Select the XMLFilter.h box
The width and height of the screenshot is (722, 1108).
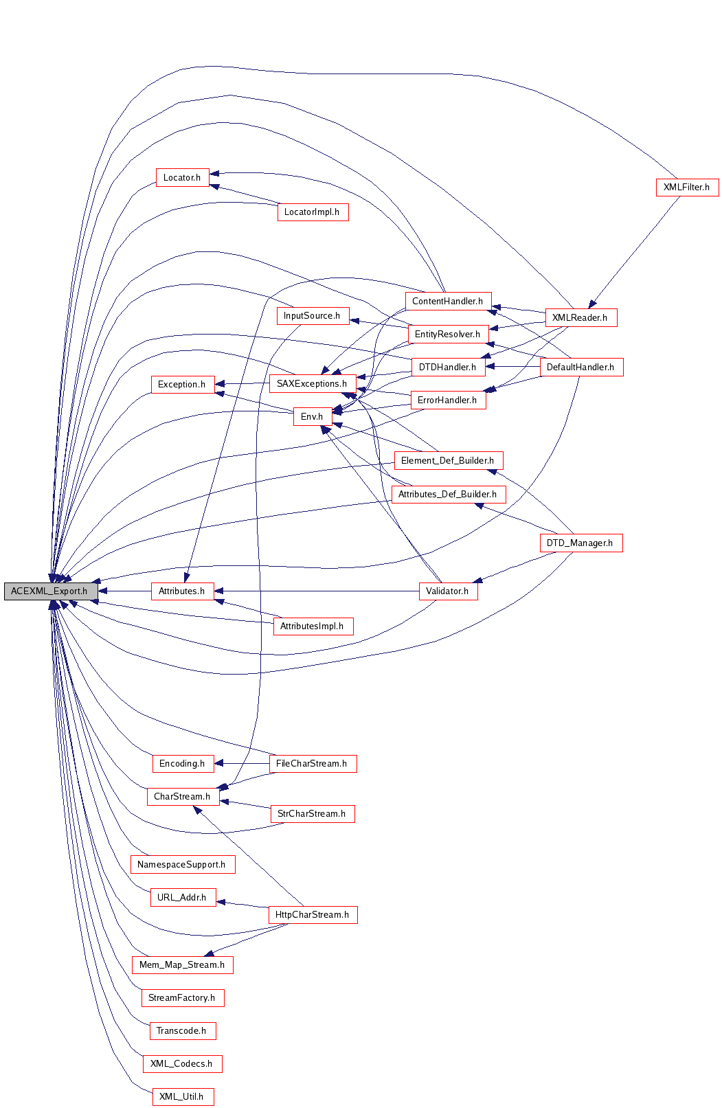(687, 188)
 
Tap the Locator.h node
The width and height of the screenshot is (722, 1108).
(182, 178)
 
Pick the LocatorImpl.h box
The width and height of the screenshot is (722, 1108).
(313, 212)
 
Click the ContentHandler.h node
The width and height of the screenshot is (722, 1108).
(448, 302)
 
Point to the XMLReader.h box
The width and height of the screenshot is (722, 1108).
(581, 317)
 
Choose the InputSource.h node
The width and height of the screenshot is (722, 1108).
(313, 315)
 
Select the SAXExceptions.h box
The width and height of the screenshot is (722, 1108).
(313, 384)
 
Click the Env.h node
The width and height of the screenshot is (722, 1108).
(313, 416)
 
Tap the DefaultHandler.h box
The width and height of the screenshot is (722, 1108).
(582, 367)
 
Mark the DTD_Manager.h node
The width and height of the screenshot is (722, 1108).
(581, 543)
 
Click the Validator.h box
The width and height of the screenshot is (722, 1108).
(448, 591)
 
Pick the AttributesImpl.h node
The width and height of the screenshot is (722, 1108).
(313, 626)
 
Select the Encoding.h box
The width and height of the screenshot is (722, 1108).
(183, 763)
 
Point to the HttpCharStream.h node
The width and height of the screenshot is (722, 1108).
(313, 914)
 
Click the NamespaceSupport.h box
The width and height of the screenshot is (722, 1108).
(183, 864)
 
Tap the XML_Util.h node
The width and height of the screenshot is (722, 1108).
(183, 1096)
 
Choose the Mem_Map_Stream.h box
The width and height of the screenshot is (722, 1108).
(183, 964)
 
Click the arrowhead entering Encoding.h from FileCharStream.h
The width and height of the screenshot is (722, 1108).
(218, 763)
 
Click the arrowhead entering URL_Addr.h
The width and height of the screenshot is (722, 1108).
(221, 902)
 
